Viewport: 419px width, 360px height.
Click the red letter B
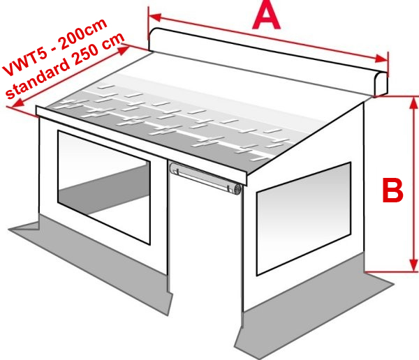[392, 190]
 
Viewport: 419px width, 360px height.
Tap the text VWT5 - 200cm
[54, 47]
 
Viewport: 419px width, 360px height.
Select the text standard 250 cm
[65, 66]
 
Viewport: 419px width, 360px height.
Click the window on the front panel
[104, 187]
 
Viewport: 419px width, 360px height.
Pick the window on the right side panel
[304, 218]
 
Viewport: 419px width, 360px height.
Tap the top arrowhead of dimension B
[413, 103]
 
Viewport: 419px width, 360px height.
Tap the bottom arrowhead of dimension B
[413, 265]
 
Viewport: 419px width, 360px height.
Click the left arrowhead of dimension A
[154, 17]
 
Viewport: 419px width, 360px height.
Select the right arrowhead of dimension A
[381, 59]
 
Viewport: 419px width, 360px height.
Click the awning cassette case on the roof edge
[267, 61]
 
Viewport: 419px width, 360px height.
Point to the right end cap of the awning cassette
[381, 84]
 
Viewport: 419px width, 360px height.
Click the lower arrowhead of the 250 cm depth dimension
[17, 103]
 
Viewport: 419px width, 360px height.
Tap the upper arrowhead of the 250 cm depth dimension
[124, 50]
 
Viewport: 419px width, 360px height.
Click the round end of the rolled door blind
[237, 190]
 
